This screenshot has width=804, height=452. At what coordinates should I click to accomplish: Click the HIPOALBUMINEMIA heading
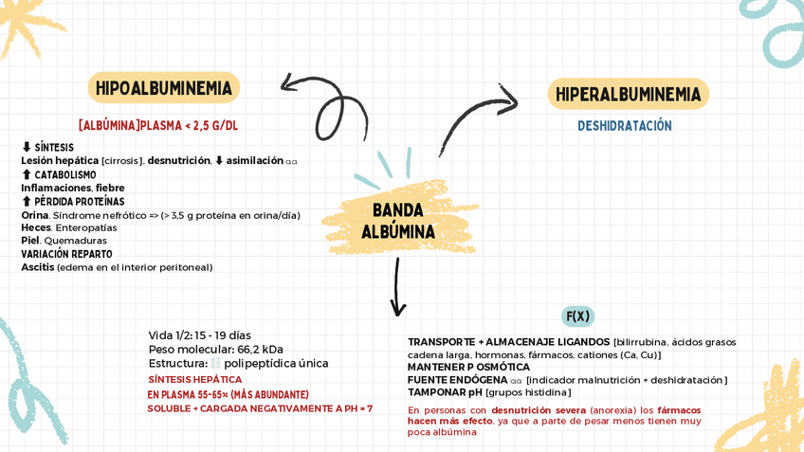click(x=163, y=88)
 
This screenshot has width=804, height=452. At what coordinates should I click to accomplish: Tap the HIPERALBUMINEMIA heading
click(x=628, y=95)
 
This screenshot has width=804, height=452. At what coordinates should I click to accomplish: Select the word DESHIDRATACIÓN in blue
click(x=625, y=126)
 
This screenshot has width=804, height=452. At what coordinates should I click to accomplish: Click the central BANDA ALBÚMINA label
click(x=398, y=221)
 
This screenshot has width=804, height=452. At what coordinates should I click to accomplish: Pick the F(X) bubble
click(x=577, y=316)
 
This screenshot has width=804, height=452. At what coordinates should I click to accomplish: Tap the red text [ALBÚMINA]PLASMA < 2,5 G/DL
click(x=158, y=125)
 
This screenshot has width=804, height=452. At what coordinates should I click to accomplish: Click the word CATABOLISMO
click(x=64, y=175)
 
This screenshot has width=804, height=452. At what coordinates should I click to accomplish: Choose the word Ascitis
click(x=38, y=267)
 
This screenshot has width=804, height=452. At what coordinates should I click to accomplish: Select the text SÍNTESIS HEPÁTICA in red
click(x=194, y=380)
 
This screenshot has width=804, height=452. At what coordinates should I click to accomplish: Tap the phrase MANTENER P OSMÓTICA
click(x=468, y=367)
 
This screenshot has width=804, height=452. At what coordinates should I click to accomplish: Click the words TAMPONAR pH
click(x=445, y=392)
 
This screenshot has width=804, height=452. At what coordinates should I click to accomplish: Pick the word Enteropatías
click(x=86, y=227)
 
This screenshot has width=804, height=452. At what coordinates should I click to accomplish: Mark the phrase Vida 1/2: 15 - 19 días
click(x=199, y=335)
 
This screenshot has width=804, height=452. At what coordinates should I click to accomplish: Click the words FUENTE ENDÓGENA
click(x=457, y=380)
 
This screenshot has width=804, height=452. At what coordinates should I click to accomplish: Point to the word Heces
click(x=36, y=227)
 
